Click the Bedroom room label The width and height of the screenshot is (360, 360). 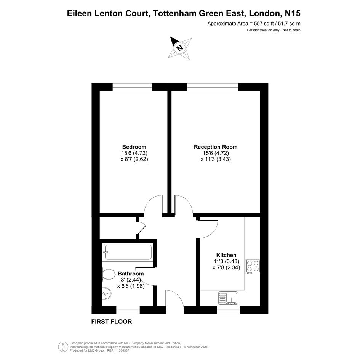pyautogui.click(x=134, y=147)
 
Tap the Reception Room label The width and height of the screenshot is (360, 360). pyautogui.click(x=216, y=147)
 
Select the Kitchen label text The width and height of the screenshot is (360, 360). pyautogui.click(x=226, y=255)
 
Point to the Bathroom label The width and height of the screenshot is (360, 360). pyautogui.click(x=131, y=274)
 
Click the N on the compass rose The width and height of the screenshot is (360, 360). pyautogui.click(x=180, y=48)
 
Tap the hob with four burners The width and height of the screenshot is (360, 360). pyautogui.click(x=253, y=266)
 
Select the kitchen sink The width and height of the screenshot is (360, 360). pyautogui.click(x=228, y=298)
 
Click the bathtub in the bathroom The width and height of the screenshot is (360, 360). pyautogui.click(x=128, y=252)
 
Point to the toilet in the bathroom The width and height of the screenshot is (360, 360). pyautogui.click(x=109, y=275)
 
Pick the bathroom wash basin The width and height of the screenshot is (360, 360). pyautogui.click(x=107, y=293)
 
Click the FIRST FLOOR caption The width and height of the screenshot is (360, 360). pyautogui.click(x=112, y=322)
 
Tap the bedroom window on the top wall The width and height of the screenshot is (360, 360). pyautogui.click(x=132, y=87)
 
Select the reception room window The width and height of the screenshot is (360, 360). pyautogui.click(x=213, y=87)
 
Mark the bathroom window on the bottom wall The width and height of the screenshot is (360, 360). pyautogui.click(x=128, y=310)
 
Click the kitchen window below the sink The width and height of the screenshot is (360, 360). pyautogui.click(x=229, y=310)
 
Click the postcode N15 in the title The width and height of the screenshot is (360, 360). pyautogui.click(x=293, y=13)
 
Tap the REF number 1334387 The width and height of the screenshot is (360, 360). pyautogui.click(x=123, y=350)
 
